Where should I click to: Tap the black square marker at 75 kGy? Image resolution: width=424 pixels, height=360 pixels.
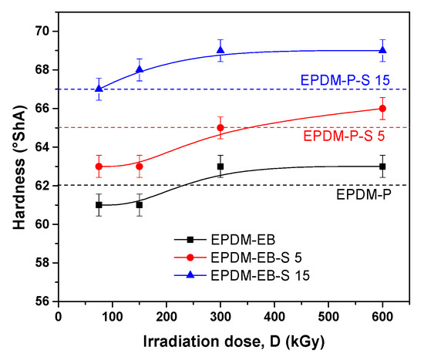[99, 205]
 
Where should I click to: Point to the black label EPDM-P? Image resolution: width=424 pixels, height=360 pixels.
[362, 195]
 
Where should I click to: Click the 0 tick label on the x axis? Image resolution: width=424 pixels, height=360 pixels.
[59, 316]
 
